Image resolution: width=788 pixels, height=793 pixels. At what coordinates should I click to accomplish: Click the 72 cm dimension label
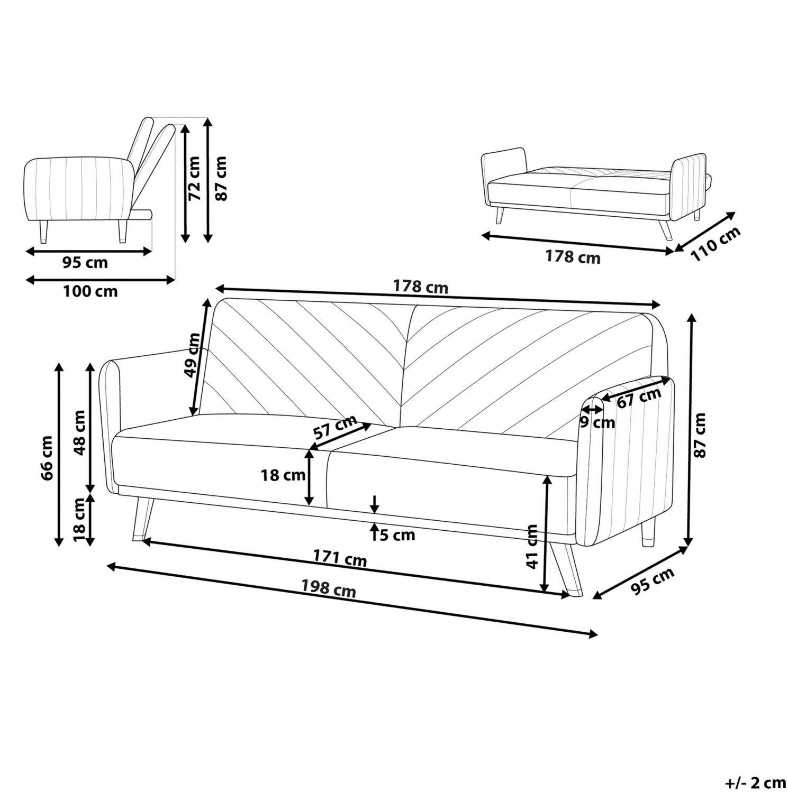pos(195,178)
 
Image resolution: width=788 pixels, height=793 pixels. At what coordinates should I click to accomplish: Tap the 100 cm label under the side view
pos(90,291)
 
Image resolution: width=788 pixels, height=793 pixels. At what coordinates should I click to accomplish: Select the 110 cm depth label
pos(715,245)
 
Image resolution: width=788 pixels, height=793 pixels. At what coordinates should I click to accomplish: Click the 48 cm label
pos(79,432)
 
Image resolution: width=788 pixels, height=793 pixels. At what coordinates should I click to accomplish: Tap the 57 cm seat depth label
pos(334,427)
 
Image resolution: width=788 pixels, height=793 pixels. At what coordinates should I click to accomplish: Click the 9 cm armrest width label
pos(597,422)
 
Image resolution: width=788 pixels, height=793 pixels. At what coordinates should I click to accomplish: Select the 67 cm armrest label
pos(639,397)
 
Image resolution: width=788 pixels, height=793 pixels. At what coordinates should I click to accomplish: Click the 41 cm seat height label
pos(532,546)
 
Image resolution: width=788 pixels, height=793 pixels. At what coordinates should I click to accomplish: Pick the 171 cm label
pos(340,558)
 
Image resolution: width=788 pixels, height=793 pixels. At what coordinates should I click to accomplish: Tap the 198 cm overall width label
pos(329,588)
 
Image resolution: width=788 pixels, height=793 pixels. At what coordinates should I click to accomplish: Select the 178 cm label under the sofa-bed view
pos(573,257)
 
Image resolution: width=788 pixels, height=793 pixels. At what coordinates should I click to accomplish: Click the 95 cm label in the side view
pos(85,262)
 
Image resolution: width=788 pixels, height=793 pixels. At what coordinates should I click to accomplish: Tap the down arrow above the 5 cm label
pos(375,504)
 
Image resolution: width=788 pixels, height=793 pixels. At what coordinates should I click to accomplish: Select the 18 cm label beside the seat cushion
pos(283,475)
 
